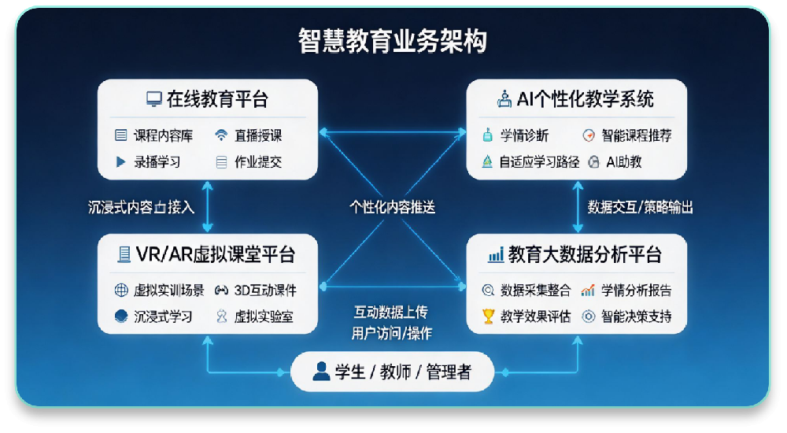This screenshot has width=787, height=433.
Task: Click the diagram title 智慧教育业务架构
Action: tap(393, 41)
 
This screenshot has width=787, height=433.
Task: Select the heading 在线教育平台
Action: tap(217, 99)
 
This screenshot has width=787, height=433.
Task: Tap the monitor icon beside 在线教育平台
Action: tap(153, 100)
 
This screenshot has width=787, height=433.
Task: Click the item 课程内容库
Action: tap(163, 135)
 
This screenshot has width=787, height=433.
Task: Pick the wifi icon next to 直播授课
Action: tap(221, 135)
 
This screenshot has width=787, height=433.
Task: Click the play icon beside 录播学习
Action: tap(120, 162)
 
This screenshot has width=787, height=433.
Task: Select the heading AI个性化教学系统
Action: tap(585, 99)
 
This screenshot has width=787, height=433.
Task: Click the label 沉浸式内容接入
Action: tap(141, 208)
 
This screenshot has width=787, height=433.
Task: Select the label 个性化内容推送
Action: tap(393, 208)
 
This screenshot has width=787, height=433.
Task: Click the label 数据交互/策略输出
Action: tap(640, 208)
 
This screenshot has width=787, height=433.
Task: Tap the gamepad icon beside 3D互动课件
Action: tap(221, 291)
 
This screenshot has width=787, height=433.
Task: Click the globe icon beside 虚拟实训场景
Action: tap(121, 291)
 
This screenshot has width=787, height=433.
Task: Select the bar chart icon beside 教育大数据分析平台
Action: tap(496, 255)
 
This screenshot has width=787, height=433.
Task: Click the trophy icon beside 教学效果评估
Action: tap(488, 317)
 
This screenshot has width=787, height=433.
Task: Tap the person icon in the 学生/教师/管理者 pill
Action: tap(320, 372)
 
